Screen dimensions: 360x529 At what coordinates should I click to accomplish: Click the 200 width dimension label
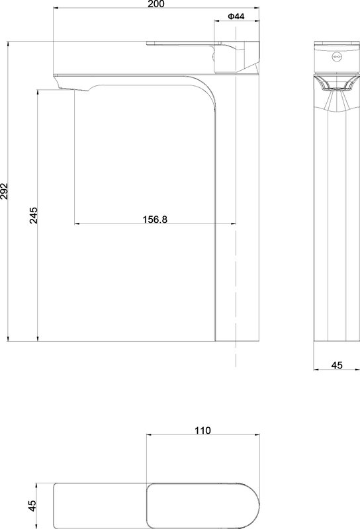(x=156, y=4)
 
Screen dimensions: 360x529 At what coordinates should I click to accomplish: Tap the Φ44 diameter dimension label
(x=236, y=16)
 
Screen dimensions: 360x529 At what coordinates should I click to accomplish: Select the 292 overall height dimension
(x=4, y=191)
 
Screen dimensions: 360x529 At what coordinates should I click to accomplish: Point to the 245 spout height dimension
(x=34, y=216)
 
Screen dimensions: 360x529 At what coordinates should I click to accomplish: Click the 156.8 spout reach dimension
(x=155, y=220)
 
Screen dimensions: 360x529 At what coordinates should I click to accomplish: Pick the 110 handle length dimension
(x=202, y=430)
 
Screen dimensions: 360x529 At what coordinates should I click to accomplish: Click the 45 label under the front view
(x=337, y=365)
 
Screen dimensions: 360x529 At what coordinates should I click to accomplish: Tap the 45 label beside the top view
(x=32, y=506)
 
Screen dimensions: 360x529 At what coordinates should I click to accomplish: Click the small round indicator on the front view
(x=336, y=58)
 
